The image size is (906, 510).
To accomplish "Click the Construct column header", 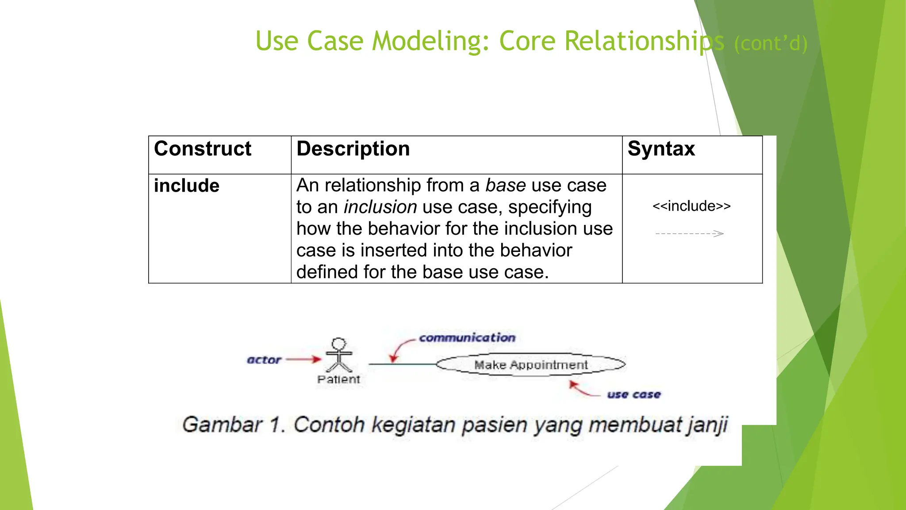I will pos(203,149).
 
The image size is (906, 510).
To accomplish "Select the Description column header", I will pos(353,149).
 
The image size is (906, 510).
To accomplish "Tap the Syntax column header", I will pos(661,149).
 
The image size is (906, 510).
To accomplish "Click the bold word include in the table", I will pos(186,186).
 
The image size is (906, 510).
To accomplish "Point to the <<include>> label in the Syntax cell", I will pos(691,206).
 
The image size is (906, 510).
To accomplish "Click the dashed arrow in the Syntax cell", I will pos(689,233).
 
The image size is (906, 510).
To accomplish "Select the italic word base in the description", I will pos(505,185).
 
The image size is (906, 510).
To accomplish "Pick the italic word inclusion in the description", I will pos(380,207).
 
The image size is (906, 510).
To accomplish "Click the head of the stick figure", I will pos(339,344).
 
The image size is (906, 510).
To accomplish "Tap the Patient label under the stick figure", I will pos(338,379).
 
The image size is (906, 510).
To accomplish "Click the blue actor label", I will pos(264,360).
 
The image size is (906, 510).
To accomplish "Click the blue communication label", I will pos(467,338).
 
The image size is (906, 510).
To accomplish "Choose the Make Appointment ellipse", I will pos(530,365).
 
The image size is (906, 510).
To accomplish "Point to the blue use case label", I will pos(633,394).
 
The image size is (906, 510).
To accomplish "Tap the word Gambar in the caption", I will pos(222,425).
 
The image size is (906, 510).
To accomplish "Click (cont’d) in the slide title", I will pos(771,44).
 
